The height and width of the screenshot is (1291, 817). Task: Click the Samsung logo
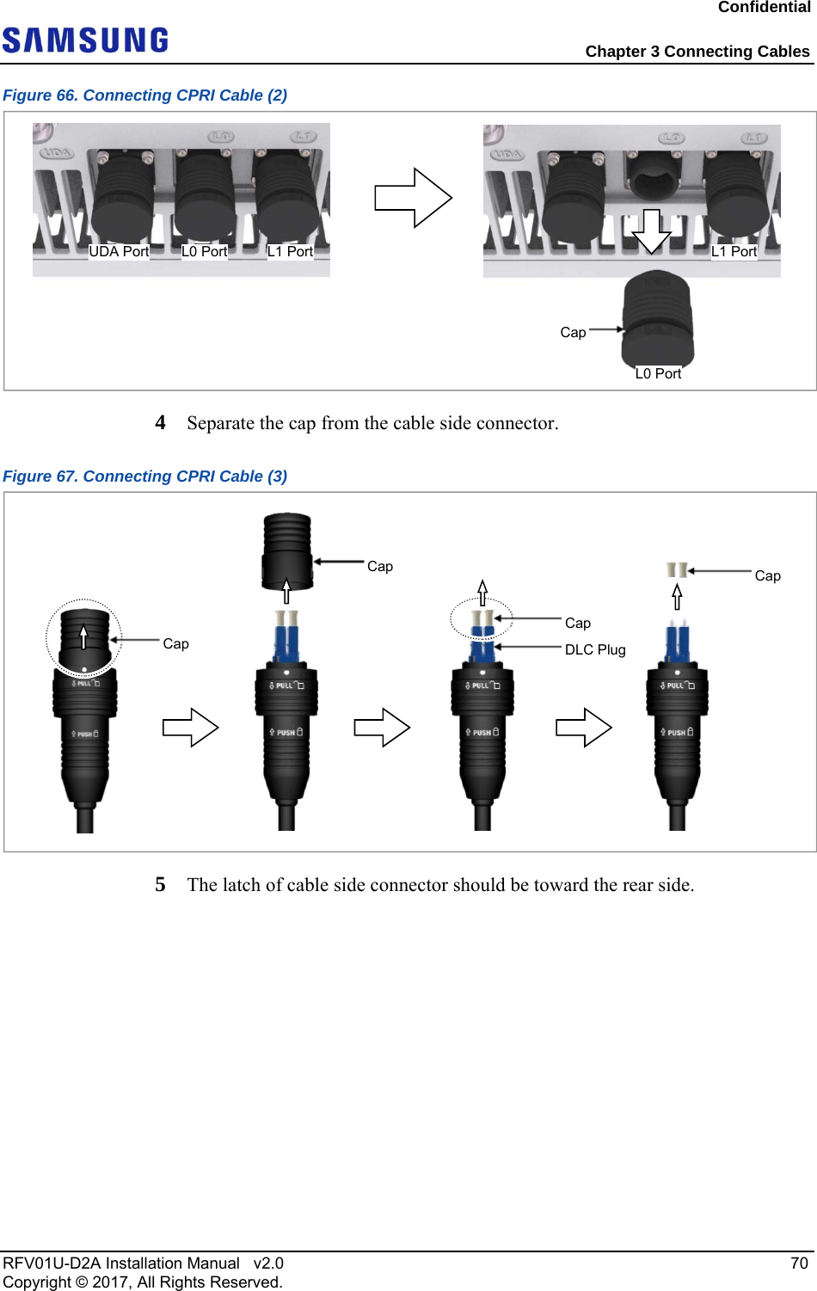pyautogui.click(x=85, y=40)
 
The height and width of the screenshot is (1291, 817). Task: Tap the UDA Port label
pyautogui.click(x=119, y=251)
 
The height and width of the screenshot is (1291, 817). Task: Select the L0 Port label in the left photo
pyautogui.click(x=204, y=251)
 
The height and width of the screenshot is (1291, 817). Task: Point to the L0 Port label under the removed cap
pyautogui.click(x=658, y=373)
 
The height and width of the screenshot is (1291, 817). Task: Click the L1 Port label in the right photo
pyautogui.click(x=734, y=251)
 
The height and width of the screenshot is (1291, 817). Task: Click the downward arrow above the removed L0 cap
pyautogui.click(x=652, y=231)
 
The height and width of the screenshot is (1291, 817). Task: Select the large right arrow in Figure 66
pyautogui.click(x=413, y=198)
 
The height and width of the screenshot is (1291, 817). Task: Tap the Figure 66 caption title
pyautogui.click(x=144, y=95)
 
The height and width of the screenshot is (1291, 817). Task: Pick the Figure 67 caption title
pyautogui.click(x=144, y=476)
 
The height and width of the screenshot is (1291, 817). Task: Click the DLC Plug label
pyautogui.click(x=595, y=649)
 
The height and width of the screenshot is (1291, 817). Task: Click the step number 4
pyautogui.click(x=160, y=422)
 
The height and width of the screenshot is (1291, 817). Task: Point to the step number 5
pyautogui.click(x=160, y=884)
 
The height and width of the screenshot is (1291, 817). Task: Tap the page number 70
pyautogui.click(x=799, y=1263)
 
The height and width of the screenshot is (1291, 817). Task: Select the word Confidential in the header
pyautogui.click(x=764, y=8)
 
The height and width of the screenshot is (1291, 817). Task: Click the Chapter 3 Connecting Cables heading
pyautogui.click(x=697, y=52)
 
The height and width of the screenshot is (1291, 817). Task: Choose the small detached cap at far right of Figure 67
pyautogui.click(x=677, y=569)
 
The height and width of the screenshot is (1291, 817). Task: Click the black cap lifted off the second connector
pyautogui.click(x=287, y=550)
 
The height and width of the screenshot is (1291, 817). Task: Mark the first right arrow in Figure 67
pyautogui.click(x=191, y=728)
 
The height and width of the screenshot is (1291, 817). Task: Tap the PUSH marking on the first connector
pyautogui.click(x=84, y=734)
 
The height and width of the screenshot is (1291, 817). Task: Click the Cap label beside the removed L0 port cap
pyautogui.click(x=573, y=332)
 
